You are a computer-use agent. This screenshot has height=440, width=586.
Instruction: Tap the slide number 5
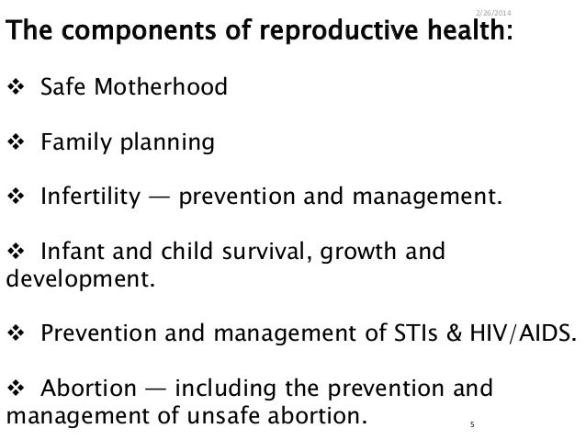tap(470, 424)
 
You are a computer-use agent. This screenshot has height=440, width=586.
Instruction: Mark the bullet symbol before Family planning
tap(15, 143)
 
